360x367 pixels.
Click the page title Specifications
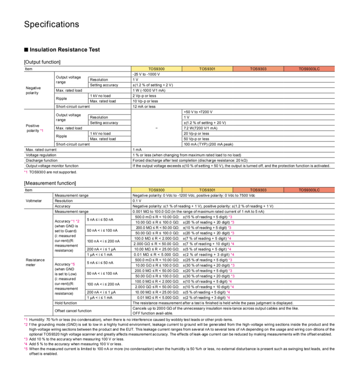click(52, 24)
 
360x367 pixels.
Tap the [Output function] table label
click(42, 62)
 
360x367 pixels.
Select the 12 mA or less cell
click(144, 106)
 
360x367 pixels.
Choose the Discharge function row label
click(42, 160)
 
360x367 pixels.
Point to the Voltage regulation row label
click(41, 155)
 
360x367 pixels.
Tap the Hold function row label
click(66, 303)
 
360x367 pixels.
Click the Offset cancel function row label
click(69, 310)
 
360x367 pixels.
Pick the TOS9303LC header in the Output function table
click(309, 68)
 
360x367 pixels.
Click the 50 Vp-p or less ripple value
click(196, 139)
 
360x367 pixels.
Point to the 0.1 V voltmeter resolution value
click(137, 200)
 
